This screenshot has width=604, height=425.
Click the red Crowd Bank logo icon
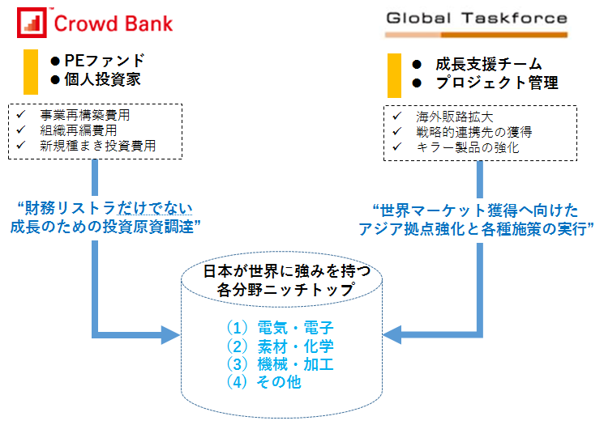[32, 23]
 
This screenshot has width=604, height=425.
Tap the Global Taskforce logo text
[477, 18]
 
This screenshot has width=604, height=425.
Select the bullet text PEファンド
[105, 61]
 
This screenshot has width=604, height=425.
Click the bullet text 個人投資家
[102, 79]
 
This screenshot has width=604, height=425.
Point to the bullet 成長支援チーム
[488, 64]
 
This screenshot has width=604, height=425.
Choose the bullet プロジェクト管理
[497, 83]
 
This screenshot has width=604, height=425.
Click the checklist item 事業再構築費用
[85, 115]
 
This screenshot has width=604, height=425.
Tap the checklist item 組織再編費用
[78, 130]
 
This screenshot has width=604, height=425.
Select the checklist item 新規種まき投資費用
[98, 146]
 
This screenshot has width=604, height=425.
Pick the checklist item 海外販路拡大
[455, 117]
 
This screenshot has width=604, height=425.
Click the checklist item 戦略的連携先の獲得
[473, 132]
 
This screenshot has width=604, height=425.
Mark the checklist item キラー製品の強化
[468, 147]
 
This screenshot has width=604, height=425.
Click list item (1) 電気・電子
[280, 328]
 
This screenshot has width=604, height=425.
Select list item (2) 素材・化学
[280, 346]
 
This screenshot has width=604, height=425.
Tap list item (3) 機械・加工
[280, 364]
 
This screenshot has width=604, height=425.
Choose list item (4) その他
[263, 382]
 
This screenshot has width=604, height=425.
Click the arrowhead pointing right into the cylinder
[170, 335]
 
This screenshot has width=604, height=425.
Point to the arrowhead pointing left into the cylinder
[392, 334]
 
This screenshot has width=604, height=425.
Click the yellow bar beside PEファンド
[31, 72]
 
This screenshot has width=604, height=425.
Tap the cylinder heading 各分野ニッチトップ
[285, 290]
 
